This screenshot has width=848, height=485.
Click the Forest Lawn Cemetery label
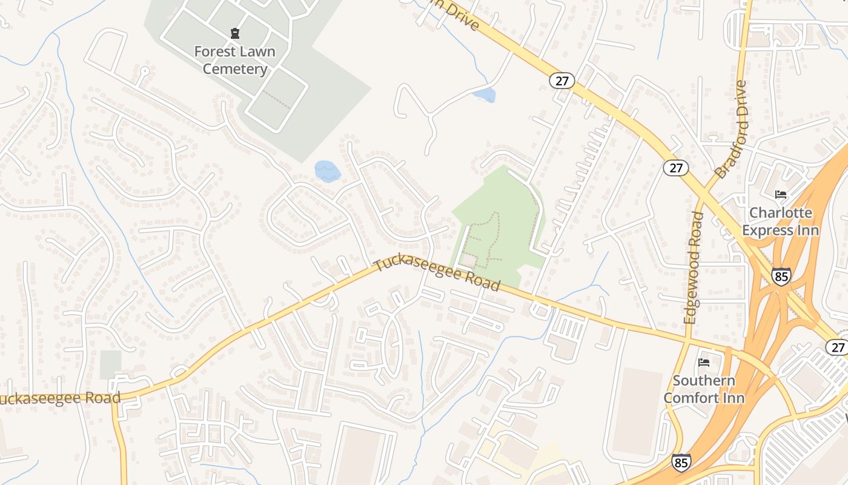click(234, 60)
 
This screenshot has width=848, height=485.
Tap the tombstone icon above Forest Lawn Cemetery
click(235, 33)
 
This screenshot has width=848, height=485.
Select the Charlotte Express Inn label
click(780, 221)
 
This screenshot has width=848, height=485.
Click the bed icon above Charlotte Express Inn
click(781, 195)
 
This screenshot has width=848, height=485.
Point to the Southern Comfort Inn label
click(704, 389)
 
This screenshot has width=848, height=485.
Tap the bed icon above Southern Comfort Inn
click(704, 363)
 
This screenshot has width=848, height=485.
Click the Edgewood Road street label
click(694, 267)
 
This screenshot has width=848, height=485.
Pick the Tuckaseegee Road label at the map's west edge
click(60, 398)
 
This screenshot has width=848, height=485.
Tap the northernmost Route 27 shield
click(561, 81)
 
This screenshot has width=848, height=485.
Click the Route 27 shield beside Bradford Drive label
click(675, 167)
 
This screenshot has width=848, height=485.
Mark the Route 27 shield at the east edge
click(837, 347)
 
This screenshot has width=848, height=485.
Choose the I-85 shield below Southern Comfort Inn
click(681, 463)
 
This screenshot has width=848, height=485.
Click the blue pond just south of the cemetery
click(327, 171)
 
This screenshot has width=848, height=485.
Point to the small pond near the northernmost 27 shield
click(485, 95)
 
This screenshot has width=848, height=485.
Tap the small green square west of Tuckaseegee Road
click(110, 364)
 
